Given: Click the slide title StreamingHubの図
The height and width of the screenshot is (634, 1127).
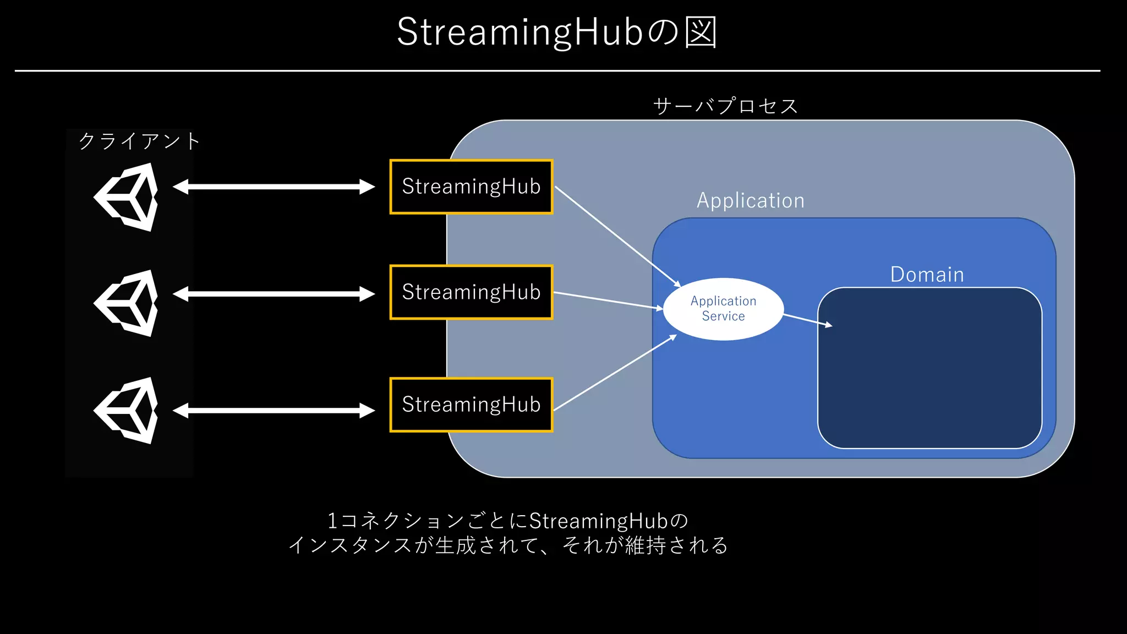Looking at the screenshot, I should point(557,32).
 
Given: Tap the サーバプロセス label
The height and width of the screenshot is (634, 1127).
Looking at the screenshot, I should point(725,106).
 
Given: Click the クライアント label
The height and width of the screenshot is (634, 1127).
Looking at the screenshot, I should point(139,141).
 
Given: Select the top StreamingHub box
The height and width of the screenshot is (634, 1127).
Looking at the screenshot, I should point(471,187).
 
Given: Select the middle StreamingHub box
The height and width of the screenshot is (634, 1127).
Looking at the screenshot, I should point(471,292).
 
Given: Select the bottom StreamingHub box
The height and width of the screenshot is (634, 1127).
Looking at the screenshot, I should point(471,405).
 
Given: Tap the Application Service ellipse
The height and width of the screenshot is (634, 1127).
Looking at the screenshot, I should point(723,309).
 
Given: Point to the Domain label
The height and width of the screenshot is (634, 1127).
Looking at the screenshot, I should point(927,274).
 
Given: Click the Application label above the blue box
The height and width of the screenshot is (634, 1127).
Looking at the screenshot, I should point(751,200).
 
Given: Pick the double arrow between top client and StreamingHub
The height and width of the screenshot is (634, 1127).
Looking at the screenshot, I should point(273,187).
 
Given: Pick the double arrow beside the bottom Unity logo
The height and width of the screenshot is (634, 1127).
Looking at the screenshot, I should point(273,411).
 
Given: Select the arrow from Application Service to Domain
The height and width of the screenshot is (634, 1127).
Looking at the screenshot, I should point(807,320).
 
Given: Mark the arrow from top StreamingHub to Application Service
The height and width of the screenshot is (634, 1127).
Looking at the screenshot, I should point(616,235).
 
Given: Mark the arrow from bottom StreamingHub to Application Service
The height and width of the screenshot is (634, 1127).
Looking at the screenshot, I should point(614,373).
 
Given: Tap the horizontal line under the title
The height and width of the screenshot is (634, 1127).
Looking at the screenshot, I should point(557,70).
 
